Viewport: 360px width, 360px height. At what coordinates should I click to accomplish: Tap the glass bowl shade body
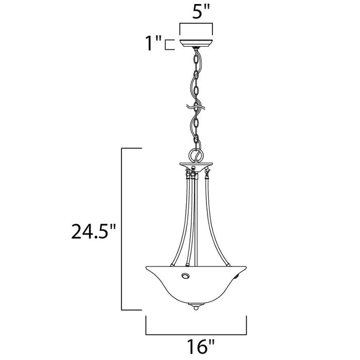click(x=206, y=285)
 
